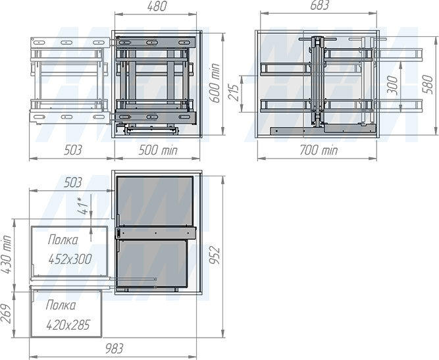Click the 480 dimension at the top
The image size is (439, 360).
pyautogui.click(x=157, y=7)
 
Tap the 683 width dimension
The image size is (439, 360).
pyautogui.click(x=319, y=5)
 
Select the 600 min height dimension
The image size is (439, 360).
pyautogui.click(x=215, y=83)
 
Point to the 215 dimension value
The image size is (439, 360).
pyautogui.click(x=234, y=92)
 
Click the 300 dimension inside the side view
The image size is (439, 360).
pyautogui.click(x=392, y=85)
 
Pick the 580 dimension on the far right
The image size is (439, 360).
pyautogui.click(x=428, y=84)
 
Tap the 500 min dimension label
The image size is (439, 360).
pyautogui.click(x=158, y=150)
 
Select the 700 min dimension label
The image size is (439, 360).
pyautogui.click(x=319, y=150)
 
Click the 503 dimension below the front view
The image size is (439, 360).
pyautogui.click(x=73, y=150)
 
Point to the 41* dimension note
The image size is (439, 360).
pyautogui.click(x=84, y=206)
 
